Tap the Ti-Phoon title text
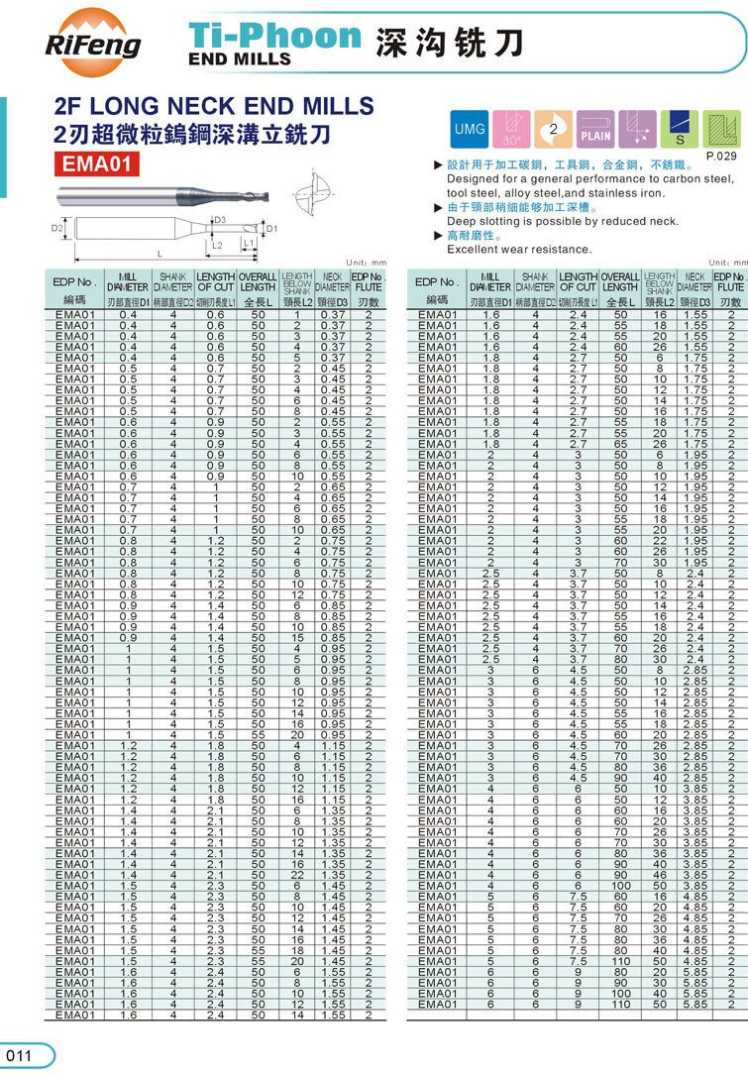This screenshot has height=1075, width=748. tap(275, 37)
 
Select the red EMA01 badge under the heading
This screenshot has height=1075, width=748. tap(95, 163)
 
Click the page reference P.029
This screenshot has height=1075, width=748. tap(720, 157)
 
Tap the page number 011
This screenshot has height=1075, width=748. tap(19, 1056)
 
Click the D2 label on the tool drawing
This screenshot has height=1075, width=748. tap(56, 229)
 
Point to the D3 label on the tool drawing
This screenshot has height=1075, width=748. tap(219, 220)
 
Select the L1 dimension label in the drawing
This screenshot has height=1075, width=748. tap(249, 243)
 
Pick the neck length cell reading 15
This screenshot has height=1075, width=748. tap(296, 637)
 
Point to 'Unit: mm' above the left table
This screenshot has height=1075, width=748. tap(366, 261)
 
